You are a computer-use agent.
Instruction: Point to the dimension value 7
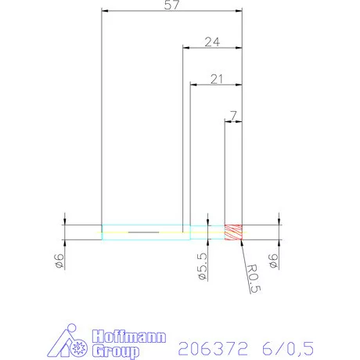pos(233,115)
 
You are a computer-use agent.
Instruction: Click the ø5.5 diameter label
pos(201,266)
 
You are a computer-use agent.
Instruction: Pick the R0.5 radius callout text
pos(253,278)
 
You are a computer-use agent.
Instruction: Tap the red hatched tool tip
pos(233,232)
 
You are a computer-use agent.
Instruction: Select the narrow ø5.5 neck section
pos(207,232)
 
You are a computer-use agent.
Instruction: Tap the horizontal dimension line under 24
pos(211,49)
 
